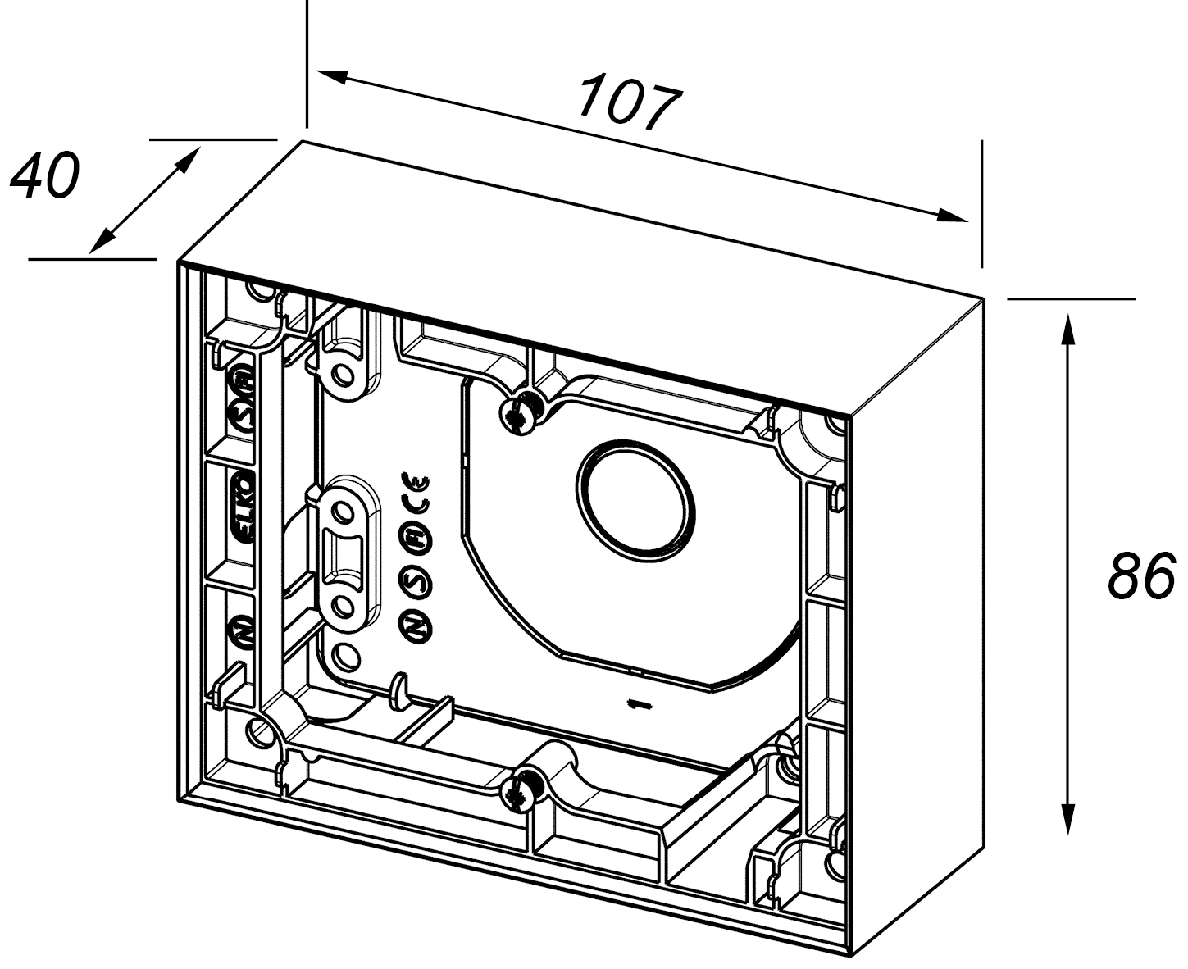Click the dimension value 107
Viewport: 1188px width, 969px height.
630,103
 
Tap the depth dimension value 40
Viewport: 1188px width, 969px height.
44,175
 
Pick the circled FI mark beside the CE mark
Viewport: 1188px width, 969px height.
415,537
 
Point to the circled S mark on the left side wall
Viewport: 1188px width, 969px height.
243,415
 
